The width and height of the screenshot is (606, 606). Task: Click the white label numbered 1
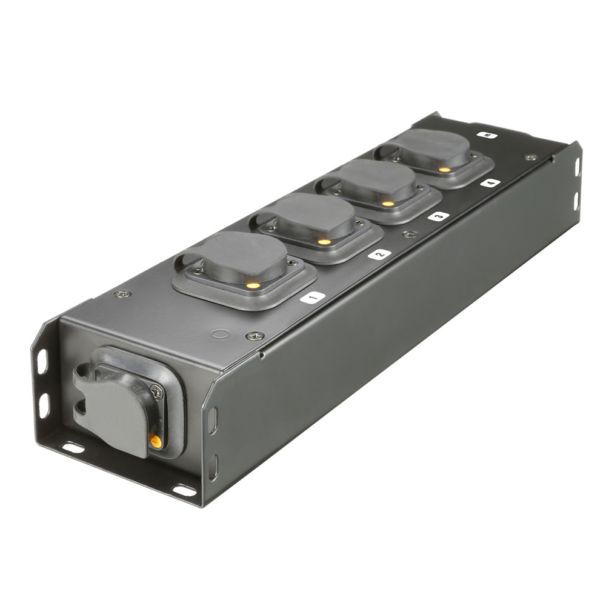pyautogui.click(x=313, y=297)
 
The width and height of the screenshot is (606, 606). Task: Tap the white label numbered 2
pyautogui.click(x=379, y=254)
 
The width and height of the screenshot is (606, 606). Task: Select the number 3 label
pyautogui.click(x=438, y=216)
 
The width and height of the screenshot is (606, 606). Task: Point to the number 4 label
pyautogui.click(x=490, y=182)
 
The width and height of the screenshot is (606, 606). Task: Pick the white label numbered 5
pyautogui.click(x=487, y=135)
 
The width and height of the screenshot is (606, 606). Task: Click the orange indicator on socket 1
pyautogui.click(x=253, y=284)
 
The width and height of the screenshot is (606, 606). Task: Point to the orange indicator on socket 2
pyautogui.click(x=325, y=241)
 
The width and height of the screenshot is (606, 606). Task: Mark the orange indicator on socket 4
pyautogui.click(x=445, y=170)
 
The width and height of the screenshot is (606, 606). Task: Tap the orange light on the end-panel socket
pyautogui.click(x=156, y=441)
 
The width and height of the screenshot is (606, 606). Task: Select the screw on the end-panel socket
pyautogui.click(x=156, y=393)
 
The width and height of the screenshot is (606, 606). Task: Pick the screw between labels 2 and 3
pyautogui.click(x=410, y=234)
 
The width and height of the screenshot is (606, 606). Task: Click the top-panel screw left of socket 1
pyautogui.click(x=123, y=294)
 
